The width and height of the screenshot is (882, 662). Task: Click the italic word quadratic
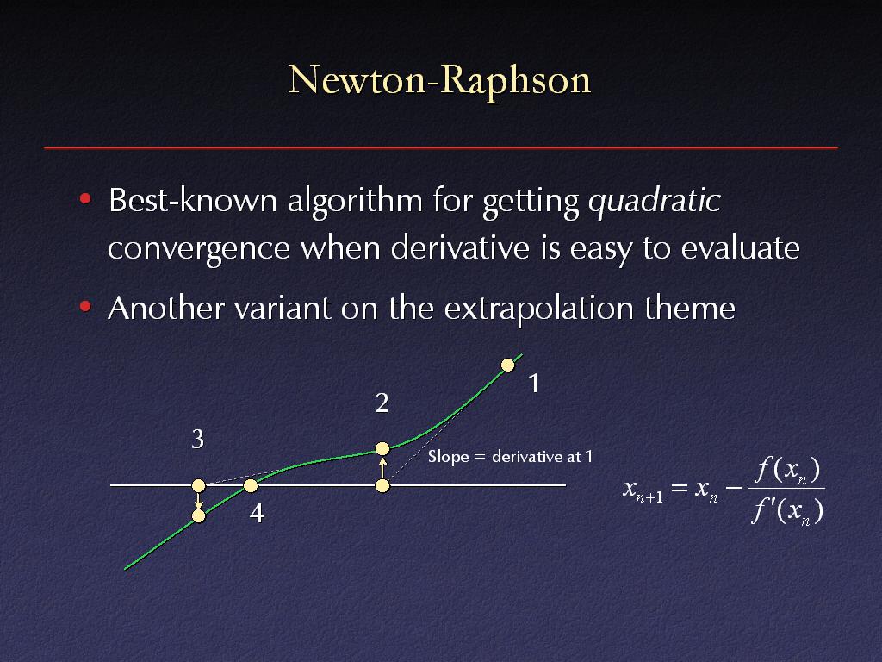655,201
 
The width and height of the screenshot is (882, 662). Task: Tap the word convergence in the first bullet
199,249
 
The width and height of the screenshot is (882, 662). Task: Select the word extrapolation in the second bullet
538,309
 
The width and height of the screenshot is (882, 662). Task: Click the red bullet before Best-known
85,198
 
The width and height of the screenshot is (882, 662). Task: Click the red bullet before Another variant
85,306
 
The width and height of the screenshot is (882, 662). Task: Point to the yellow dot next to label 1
507,365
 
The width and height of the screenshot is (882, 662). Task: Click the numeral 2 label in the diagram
382,403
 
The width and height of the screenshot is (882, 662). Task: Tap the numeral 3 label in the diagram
197,439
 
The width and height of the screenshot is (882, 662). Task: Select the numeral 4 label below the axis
257,514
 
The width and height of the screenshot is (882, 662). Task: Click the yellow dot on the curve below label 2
382,448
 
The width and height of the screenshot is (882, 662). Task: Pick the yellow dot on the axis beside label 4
251,485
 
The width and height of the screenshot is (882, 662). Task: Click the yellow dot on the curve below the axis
199,515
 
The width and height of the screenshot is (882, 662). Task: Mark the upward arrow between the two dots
382,468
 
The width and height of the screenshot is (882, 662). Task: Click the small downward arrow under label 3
199,501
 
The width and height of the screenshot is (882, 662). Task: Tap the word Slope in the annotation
448,457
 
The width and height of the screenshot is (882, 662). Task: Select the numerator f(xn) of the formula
787,470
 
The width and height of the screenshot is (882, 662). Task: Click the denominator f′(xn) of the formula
787,511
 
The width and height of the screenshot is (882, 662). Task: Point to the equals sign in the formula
680,488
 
